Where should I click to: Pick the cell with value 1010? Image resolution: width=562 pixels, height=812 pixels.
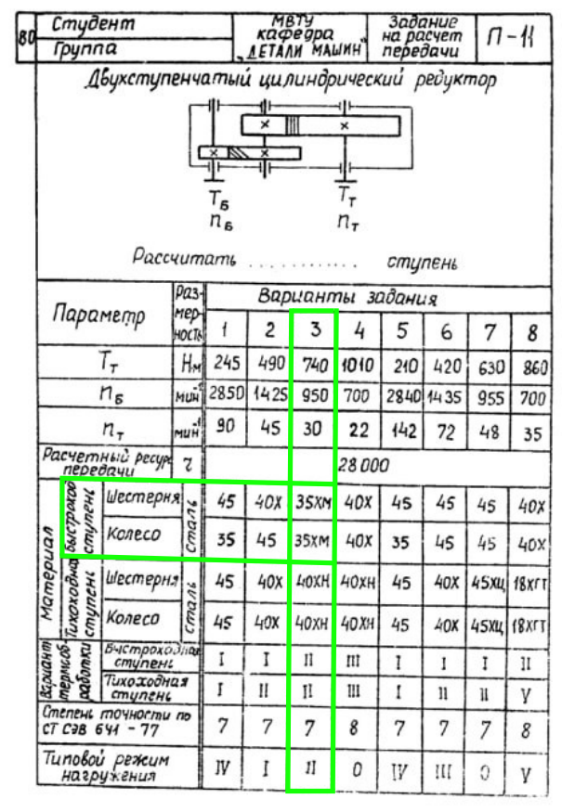pos(357,365)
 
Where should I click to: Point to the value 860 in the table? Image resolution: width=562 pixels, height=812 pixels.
pos(533,366)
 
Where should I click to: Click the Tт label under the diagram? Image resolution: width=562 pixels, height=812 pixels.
pos(345,197)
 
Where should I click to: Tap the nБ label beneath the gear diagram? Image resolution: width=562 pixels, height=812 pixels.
pos(220,220)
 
